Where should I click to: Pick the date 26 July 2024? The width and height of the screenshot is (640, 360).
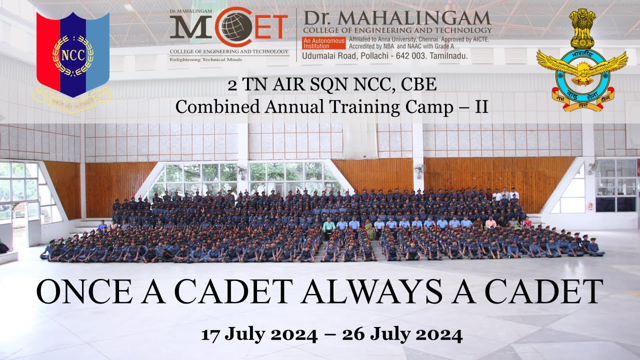point(402,334)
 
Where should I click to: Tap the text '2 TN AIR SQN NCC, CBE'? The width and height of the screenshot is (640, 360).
point(332,85)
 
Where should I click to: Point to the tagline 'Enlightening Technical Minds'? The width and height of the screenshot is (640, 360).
point(206,59)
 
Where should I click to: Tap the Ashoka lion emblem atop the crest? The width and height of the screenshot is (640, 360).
point(582,28)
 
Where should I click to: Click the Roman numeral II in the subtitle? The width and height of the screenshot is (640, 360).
point(481,106)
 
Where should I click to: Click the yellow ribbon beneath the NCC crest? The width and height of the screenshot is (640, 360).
point(73,100)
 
